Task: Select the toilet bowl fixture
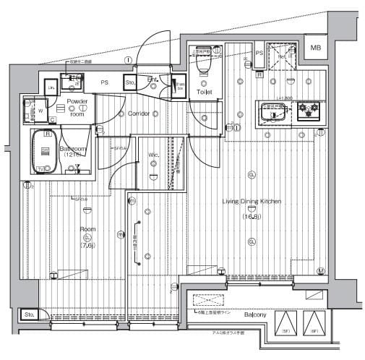[201, 67]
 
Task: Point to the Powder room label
[77, 106]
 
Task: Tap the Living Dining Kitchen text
[252, 202]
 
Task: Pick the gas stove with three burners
[309, 113]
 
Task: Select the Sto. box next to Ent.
[131, 83]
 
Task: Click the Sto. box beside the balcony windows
[30, 315]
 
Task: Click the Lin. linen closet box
[51, 87]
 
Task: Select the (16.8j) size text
[251, 215]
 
